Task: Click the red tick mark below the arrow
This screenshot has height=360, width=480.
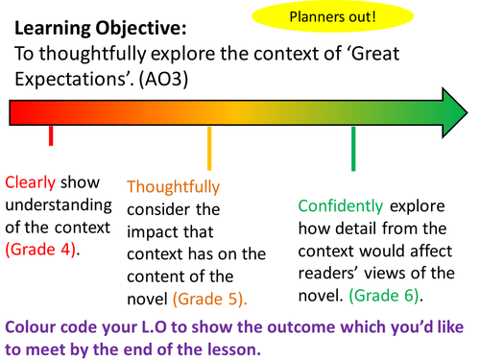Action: click(x=50, y=136)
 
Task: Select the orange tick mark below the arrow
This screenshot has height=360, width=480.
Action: click(x=208, y=148)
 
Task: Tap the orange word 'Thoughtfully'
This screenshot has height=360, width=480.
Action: click(x=173, y=186)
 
